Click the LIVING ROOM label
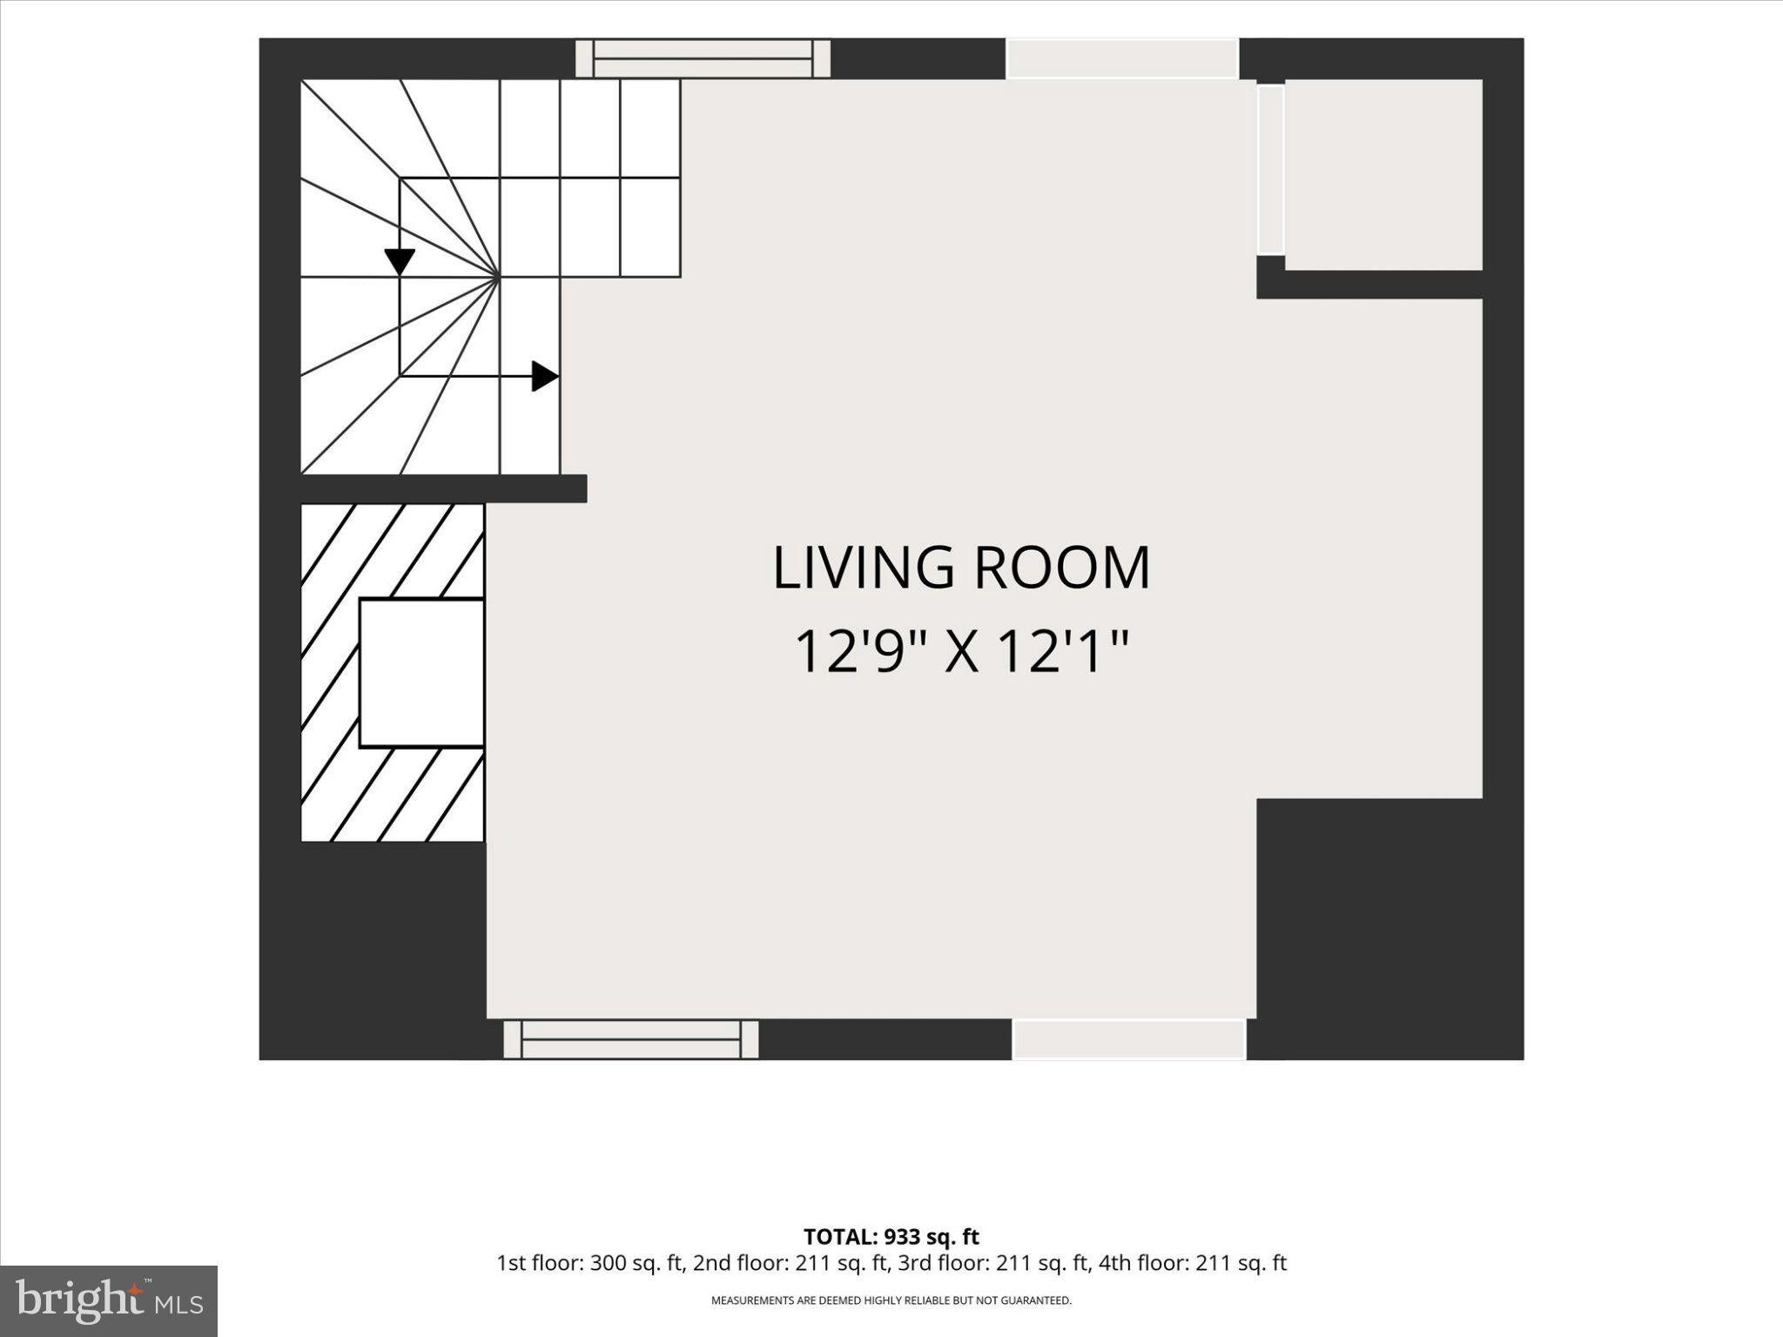(x=961, y=568)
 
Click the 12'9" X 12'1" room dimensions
(x=961, y=652)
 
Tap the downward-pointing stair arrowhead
(x=400, y=261)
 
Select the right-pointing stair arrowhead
(x=545, y=376)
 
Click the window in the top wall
(x=703, y=58)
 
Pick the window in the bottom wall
(x=631, y=1039)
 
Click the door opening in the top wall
(x=1123, y=58)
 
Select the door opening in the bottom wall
(x=1129, y=1039)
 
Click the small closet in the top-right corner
(x=1383, y=175)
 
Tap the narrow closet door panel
(x=1270, y=169)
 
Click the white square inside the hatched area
(x=421, y=673)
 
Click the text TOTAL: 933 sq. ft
(x=891, y=1237)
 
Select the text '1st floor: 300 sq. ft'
(x=589, y=1264)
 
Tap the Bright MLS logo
(x=109, y=1301)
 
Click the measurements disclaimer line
(x=891, y=1301)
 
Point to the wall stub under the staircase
(x=444, y=488)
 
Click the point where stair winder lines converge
(x=499, y=277)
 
